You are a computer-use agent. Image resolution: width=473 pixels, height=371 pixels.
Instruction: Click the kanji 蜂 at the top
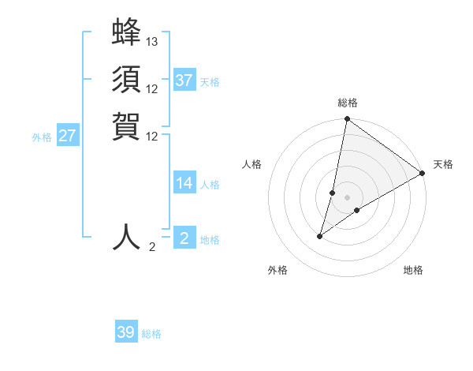126,33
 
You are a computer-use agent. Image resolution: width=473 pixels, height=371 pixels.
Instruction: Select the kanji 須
126,80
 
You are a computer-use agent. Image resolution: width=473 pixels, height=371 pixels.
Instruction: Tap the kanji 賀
126,126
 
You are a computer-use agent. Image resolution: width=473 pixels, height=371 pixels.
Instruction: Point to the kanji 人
126,237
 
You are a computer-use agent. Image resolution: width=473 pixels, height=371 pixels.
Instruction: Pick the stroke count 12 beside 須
152,88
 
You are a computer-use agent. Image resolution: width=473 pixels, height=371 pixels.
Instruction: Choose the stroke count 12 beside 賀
152,135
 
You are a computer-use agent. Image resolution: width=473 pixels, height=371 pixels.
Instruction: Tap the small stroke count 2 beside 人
152,247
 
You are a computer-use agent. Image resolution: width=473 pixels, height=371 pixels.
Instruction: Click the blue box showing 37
184,81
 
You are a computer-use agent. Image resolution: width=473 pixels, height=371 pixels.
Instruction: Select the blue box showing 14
184,183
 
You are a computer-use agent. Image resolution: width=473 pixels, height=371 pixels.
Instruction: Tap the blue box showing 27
68,136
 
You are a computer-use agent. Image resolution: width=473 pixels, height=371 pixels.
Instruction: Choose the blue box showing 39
126,332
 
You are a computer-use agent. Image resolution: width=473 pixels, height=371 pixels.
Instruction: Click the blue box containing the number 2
184,238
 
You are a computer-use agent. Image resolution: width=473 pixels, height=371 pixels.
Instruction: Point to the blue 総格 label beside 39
151,334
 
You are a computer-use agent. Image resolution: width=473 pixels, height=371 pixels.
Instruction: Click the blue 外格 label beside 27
42,137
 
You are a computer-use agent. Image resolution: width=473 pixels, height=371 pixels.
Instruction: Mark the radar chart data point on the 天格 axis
423,174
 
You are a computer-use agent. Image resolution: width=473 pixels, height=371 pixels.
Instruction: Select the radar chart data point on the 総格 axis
347,119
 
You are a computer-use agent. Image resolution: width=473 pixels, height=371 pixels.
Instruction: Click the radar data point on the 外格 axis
320,235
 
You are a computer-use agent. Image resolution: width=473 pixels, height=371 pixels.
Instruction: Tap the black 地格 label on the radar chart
413,270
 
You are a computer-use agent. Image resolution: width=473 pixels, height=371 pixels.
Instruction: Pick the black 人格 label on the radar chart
251,164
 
